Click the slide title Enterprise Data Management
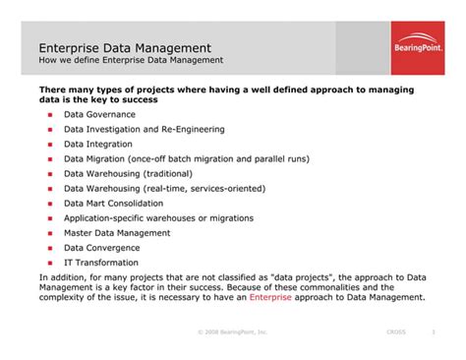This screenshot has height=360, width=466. pos(124,47)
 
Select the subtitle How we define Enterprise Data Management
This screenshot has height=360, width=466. pos(131,61)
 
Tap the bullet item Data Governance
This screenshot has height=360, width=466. pos(100,114)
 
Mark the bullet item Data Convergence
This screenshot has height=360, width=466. pos(102,248)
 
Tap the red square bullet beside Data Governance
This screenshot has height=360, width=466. pos(49,114)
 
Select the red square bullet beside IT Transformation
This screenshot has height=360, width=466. pos(49,263)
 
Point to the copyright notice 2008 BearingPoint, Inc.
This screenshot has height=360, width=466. pos(233,333)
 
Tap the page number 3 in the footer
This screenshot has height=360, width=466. pos(434,333)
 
